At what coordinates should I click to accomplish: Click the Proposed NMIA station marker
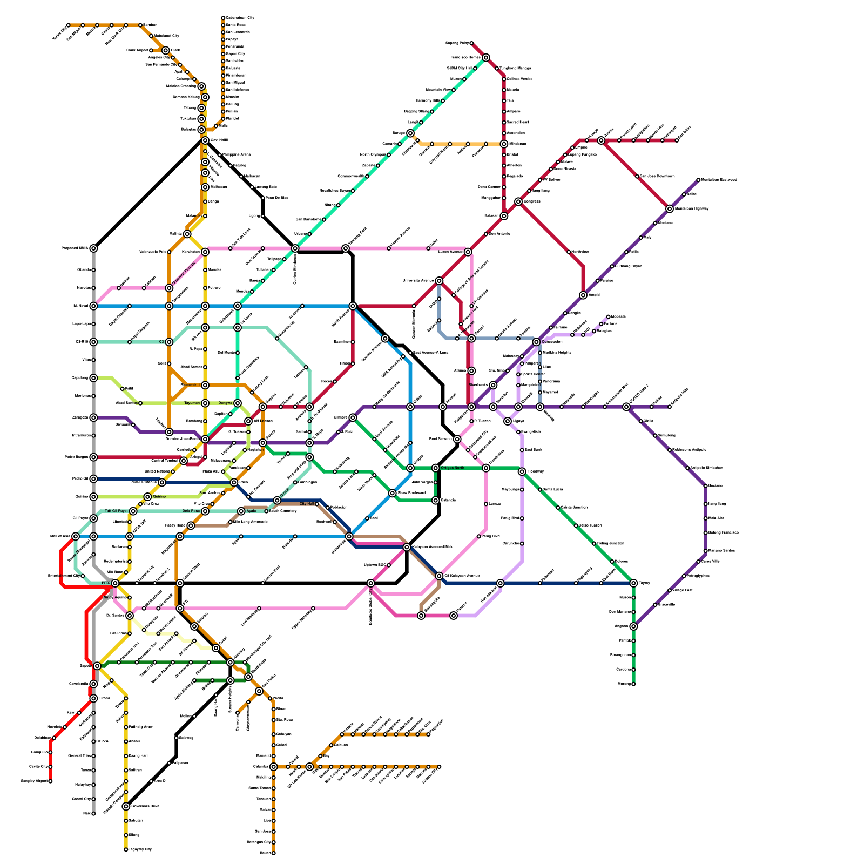coord(93,248)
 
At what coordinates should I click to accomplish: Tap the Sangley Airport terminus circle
coord(50,781)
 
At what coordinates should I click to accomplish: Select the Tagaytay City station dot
coord(126,849)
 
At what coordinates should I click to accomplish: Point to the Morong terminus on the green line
coord(633,684)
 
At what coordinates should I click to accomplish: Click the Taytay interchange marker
coord(633,583)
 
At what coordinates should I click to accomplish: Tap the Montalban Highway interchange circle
coord(670,208)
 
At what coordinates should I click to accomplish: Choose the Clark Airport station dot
coord(151,50)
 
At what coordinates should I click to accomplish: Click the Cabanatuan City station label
coord(240,18)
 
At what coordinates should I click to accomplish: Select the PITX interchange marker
coord(115,583)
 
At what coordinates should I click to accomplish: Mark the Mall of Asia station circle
coord(76,536)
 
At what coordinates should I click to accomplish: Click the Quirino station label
coord(159,496)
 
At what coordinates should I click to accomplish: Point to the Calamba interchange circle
coord(274,766)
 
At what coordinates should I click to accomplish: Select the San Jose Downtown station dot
coord(637,177)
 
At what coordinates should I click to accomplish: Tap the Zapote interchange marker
coord(97,666)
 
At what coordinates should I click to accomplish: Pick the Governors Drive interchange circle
coord(126,806)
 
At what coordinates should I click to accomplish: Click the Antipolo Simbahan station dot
coord(687,468)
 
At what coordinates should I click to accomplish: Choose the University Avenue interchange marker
coord(439,281)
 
